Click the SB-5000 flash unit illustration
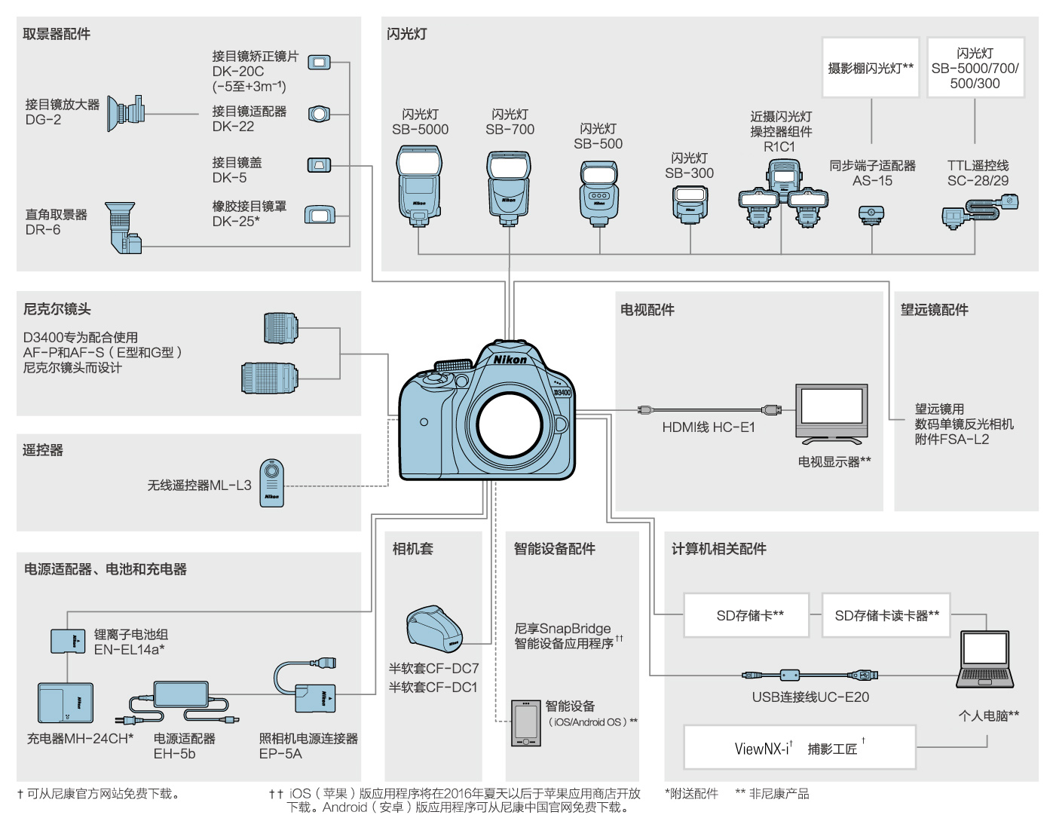pyautogui.click(x=419, y=185)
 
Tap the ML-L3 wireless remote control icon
pyautogui.click(x=271, y=483)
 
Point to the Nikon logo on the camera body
pyautogui.click(x=510, y=360)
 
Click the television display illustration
pyautogui.click(x=831, y=413)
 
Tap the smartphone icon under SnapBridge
pyautogui.click(x=525, y=723)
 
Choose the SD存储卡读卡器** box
pyautogui.click(x=886, y=615)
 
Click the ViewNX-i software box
pyautogui.click(x=799, y=747)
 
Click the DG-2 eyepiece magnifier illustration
pyautogui.click(x=125, y=113)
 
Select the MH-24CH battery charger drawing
pyautogui.click(x=66, y=703)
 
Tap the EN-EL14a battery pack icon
pyautogui.click(x=68, y=640)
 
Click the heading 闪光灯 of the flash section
pyautogui.click(x=407, y=34)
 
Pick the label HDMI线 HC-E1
pyautogui.click(x=708, y=427)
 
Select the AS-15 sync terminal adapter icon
pyautogui.click(x=871, y=215)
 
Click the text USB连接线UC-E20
pyautogui.click(x=810, y=697)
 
